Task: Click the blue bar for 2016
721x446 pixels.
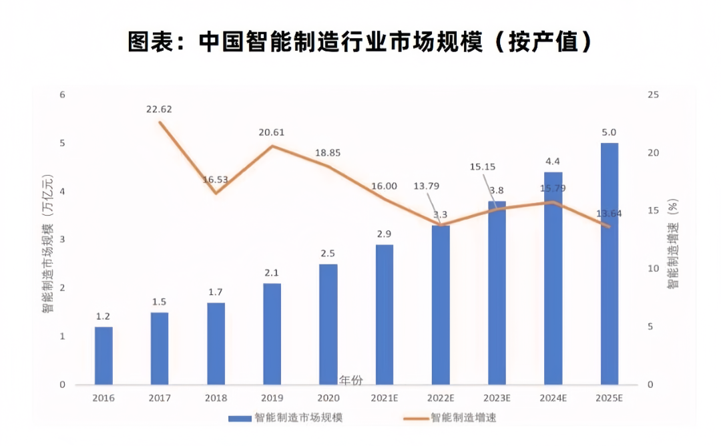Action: pos(103,356)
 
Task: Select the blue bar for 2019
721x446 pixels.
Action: pos(272,334)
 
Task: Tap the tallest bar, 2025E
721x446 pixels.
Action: pos(609,264)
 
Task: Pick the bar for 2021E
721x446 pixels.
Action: pos(384,314)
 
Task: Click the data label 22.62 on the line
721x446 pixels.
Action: pos(160,109)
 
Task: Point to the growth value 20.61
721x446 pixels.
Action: pos(272,132)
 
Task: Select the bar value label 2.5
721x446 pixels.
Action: pos(328,253)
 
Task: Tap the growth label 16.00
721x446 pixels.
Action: pos(384,186)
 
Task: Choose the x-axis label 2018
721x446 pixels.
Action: pos(216,399)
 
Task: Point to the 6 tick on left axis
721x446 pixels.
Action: pos(62,95)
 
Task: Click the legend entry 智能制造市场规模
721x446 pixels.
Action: pos(287,418)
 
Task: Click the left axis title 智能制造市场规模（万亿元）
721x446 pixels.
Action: pos(47,244)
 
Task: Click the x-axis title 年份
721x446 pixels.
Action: pos(350,381)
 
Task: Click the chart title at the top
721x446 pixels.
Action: pos(360,41)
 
